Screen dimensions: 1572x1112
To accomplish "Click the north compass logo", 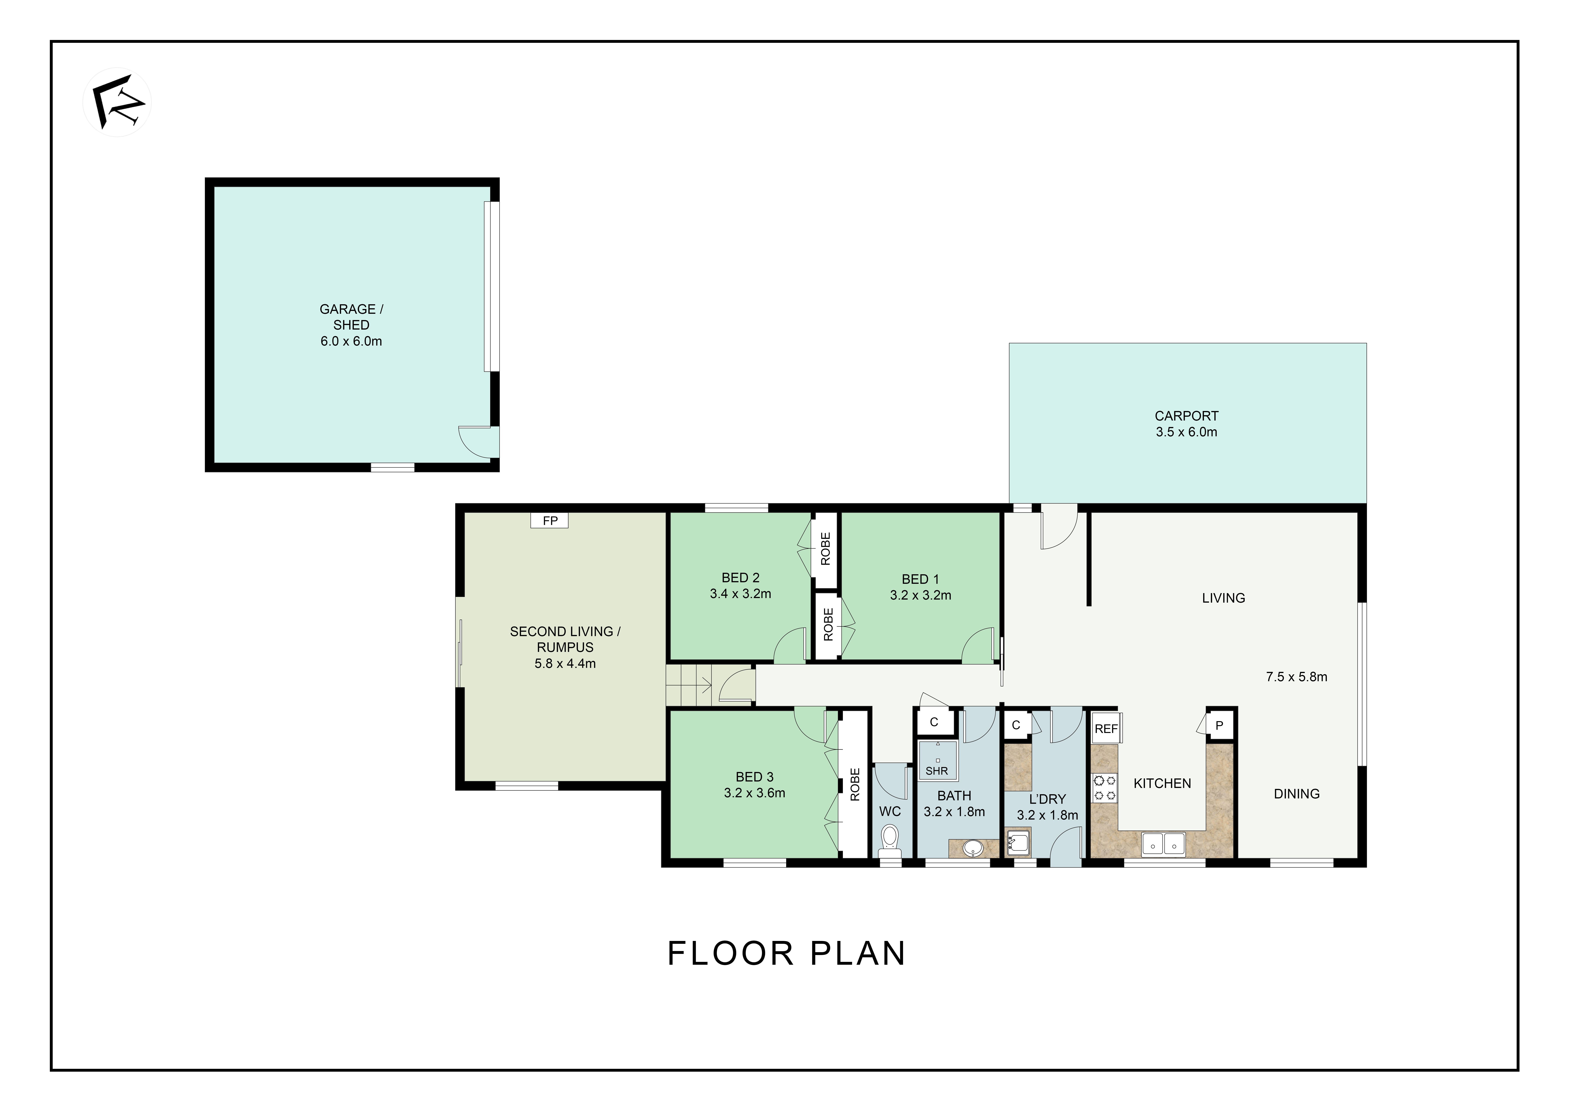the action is tap(117, 102).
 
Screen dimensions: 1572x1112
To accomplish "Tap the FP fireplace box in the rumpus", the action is tap(550, 520).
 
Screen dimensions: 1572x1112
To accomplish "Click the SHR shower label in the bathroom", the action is tap(937, 771).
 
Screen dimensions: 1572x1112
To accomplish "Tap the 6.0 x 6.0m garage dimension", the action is tap(351, 341).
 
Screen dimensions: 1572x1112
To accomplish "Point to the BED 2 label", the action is tap(740, 578).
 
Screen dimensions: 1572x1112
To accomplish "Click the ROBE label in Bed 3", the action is tap(854, 785).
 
